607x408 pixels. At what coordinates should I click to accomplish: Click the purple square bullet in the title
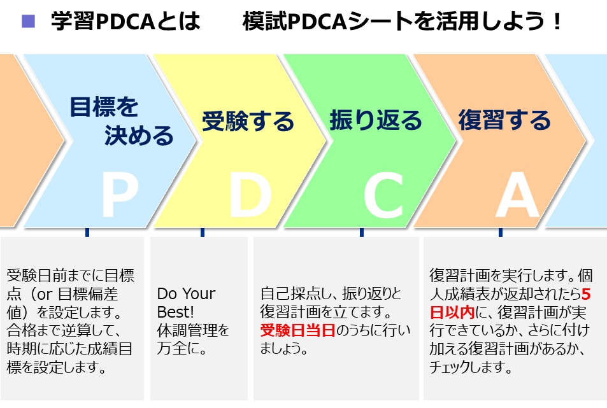click(28, 21)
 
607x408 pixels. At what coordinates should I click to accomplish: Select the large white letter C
click(383, 195)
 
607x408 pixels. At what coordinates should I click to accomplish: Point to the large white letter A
click(518, 195)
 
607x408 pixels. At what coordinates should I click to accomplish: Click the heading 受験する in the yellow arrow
click(248, 121)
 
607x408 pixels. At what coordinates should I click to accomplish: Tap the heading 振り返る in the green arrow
click(376, 120)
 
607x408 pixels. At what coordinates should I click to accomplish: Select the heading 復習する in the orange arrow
click(504, 120)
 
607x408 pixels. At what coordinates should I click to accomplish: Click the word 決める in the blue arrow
click(139, 136)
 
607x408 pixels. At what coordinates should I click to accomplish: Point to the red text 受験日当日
click(297, 330)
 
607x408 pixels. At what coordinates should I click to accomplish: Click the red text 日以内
click(452, 312)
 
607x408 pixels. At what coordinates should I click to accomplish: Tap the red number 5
click(586, 294)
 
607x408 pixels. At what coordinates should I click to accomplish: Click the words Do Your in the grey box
click(186, 294)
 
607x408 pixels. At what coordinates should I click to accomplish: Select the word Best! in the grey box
click(175, 312)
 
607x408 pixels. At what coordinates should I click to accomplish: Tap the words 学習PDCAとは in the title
click(126, 21)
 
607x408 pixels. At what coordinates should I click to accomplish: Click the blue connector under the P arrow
click(87, 232)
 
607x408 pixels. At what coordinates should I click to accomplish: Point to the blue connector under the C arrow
click(362, 232)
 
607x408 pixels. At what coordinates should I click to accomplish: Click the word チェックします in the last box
click(470, 367)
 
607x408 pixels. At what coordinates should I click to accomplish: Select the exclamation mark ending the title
click(557, 22)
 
